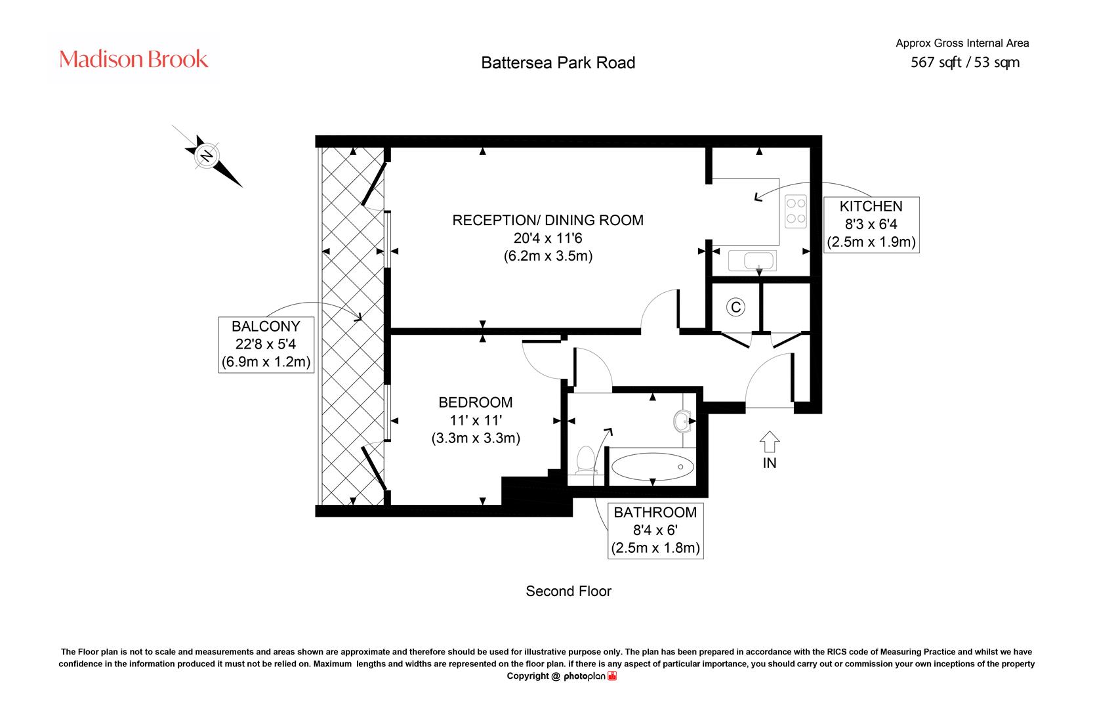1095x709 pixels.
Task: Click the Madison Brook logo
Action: tap(133, 59)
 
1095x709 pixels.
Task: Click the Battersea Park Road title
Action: tap(558, 62)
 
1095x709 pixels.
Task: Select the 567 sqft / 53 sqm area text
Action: tap(965, 62)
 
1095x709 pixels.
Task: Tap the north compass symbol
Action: tap(207, 156)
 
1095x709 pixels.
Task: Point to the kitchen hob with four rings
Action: tap(795, 212)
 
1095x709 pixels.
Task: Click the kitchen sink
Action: tap(752, 261)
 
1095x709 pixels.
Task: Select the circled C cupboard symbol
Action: tap(735, 307)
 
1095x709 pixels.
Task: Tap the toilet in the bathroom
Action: tap(585, 460)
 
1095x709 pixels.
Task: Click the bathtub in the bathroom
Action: tap(653, 466)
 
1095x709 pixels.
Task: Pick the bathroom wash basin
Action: tap(682, 421)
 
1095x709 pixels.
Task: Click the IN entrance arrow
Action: tap(770, 441)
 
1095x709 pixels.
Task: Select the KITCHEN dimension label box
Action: tap(871, 225)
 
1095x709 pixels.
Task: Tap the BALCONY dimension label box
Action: tap(266, 345)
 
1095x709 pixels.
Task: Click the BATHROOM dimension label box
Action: tap(655, 530)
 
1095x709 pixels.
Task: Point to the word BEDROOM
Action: tap(476, 402)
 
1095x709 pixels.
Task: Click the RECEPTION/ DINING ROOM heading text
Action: tap(548, 220)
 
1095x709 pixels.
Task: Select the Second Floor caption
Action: tap(569, 591)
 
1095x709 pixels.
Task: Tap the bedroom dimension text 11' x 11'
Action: tap(476, 420)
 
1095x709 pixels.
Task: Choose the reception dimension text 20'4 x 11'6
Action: tap(548, 238)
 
